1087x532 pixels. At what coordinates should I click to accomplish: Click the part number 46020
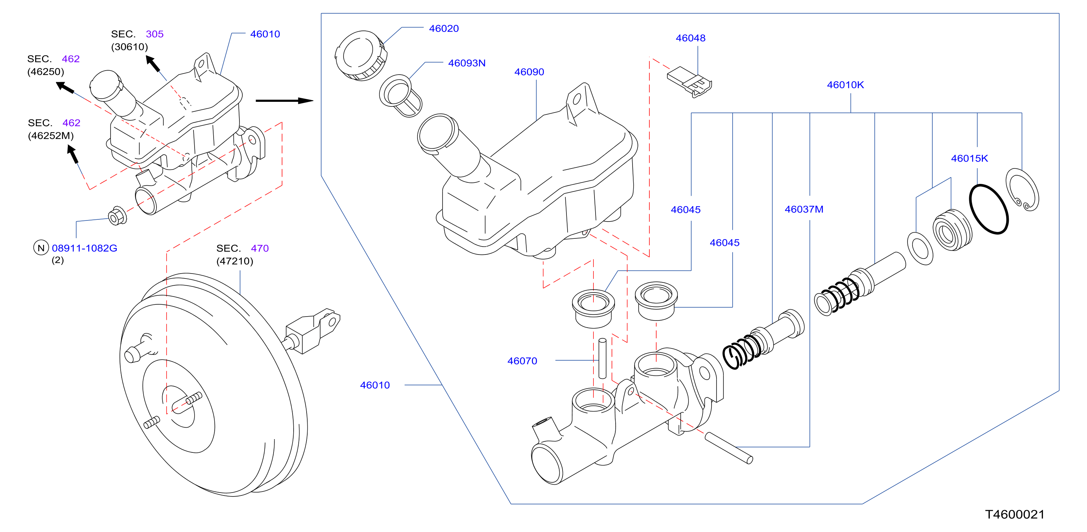tap(443, 29)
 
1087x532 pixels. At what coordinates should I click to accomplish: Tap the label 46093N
tap(466, 63)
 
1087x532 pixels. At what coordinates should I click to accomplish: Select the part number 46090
tap(529, 72)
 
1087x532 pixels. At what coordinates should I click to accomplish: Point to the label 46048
tap(690, 38)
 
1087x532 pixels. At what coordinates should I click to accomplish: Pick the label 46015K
tap(969, 158)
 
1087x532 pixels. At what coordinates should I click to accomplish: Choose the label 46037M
tap(804, 209)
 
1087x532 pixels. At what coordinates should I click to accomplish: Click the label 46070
tap(522, 361)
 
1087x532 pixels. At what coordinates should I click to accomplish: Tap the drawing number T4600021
tap(1015, 514)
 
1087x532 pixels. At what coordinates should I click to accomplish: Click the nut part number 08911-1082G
tap(84, 248)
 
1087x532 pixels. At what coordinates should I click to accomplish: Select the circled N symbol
tap(41, 248)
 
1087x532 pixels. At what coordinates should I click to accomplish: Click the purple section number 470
tap(260, 248)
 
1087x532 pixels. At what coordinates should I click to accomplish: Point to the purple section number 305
tap(154, 34)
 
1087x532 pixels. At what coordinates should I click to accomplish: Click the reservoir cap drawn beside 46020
tap(361, 55)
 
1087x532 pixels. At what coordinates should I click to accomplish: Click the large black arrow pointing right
tap(284, 101)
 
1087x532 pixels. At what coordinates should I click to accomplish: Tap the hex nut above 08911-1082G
tap(117, 216)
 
